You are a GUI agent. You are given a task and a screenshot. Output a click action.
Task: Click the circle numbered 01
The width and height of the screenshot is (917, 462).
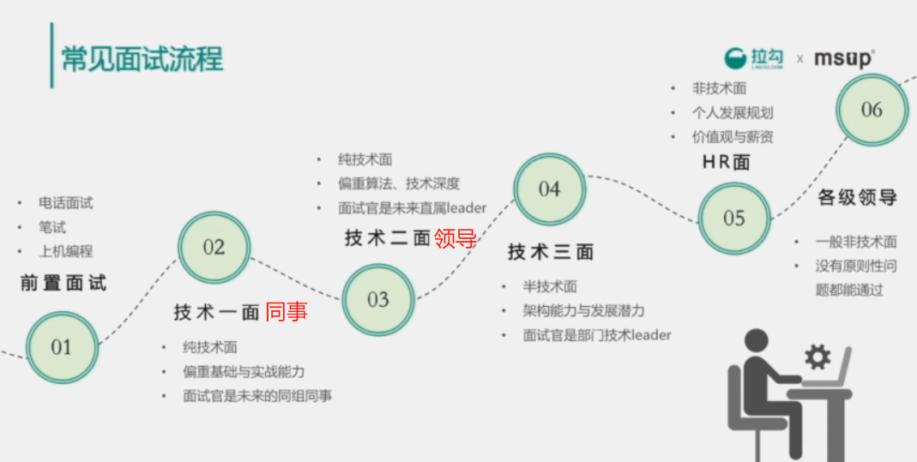pyautogui.click(x=61, y=347)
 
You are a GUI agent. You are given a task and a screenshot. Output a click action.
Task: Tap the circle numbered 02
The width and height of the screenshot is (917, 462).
pyautogui.click(x=214, y=248)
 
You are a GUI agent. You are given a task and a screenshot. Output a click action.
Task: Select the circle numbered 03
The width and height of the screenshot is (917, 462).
pyautogui.click(x=378, y=299)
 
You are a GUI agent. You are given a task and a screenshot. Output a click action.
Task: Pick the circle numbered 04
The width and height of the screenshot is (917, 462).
pyautogui.click(x=549, y=189)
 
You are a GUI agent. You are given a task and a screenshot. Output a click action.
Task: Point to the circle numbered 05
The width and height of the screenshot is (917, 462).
pyautogui.click(x=733, y=219)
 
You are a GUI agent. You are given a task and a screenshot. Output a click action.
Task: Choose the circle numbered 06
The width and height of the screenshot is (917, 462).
pyautogui.click(x=872, y=110)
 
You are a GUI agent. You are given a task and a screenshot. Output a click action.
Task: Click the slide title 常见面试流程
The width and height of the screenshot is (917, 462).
pyautogui.click(x=142, y=59)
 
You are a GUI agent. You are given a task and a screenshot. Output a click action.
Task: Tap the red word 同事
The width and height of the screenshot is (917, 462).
pyautogui.click(x=287, y=312)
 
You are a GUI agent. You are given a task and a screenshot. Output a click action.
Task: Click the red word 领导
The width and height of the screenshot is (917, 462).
pyautogui.click(x=455, y=238)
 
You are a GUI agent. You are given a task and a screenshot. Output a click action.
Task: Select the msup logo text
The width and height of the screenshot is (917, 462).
pyautogui.click(x=843, y=58)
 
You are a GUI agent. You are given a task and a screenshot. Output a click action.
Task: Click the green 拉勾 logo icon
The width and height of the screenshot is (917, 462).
pyautogui.click(x=736, y=58)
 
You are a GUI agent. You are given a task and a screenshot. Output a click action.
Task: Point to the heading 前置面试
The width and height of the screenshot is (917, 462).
pyautogui.click(x=63, y=283)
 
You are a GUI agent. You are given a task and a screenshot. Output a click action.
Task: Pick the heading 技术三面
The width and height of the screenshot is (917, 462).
pyautogui.click(x=551, y=252)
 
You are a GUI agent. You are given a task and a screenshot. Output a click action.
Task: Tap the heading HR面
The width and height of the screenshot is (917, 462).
pyautogui.click(x=726, y=162)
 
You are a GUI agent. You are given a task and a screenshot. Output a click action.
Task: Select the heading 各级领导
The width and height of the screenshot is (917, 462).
pyautogui.click(x=857, y=197)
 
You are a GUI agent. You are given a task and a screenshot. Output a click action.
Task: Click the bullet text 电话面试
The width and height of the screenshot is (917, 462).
pyautogui.click(x=65, y=203)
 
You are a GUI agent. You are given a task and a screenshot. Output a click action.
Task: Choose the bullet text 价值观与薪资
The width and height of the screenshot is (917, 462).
pyautogui.click(x=733, y=136)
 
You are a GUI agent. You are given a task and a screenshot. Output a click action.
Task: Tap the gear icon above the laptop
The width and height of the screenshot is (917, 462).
pyautogui.click(x=817, y=356)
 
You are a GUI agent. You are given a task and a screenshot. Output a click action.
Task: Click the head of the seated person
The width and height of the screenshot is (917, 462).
pyautogui.click(x=757, y=341)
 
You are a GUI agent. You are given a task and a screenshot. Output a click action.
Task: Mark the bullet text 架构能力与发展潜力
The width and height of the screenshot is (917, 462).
pyautogui.click(x=583, y=310)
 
